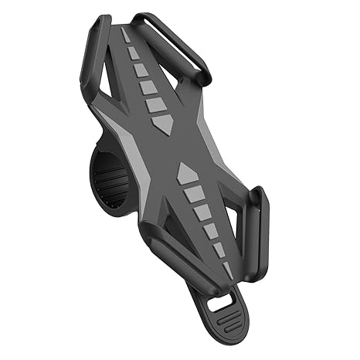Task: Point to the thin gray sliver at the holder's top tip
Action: click(x=126, y=36)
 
